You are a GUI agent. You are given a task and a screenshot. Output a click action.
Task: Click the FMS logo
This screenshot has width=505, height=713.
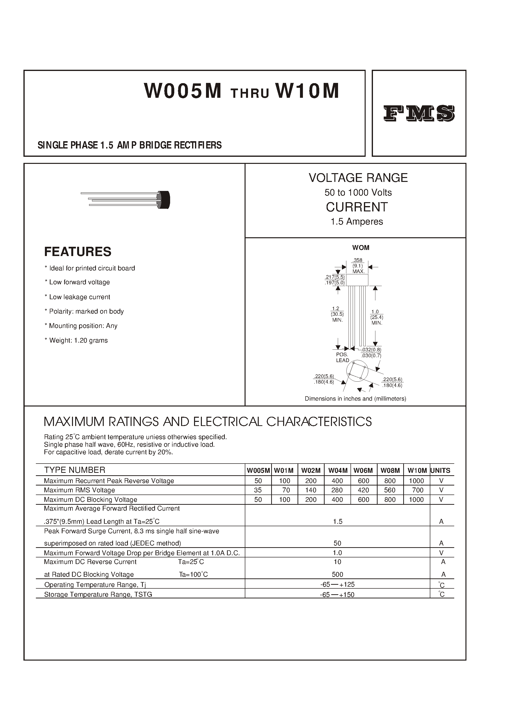pyautogui.click(x=419, y=113)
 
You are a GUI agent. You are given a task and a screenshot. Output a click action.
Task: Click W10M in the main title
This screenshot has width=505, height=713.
pyautogui.click(x=307, y=91)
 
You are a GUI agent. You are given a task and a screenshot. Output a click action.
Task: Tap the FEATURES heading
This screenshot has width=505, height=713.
pyautogui.click(x=78, y=252)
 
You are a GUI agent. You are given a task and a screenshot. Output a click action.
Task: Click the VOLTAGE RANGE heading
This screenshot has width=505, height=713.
pyautogui.click(x=358, y=178)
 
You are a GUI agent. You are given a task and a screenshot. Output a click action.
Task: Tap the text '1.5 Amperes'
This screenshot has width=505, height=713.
pyautogui.click(x=357, y=221)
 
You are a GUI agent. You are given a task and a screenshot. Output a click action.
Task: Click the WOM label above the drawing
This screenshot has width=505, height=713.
pyautogui.click(x=361, y=248)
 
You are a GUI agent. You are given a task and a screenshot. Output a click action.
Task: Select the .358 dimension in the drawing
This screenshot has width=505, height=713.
pyautogui.click(x=358, y=260)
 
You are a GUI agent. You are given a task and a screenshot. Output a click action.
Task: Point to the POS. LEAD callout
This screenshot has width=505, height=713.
pyautogui.click(x=342, y=357)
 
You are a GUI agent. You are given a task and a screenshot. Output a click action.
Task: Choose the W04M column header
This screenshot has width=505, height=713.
pyautogui.click(x=338, y=471)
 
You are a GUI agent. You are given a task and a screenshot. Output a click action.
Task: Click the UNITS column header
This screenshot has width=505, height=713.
pyautogui.click(x=440, y=471)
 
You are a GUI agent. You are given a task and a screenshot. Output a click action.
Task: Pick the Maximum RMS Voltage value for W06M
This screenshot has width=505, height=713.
pyautogui.click(x=363, y=490)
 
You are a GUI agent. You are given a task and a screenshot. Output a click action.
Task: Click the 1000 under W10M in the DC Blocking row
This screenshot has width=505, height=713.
pyautogui.click(x=416, y=500)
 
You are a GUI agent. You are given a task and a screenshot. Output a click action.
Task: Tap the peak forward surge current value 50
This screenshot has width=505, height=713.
pyautogui.click(x=337, y=543)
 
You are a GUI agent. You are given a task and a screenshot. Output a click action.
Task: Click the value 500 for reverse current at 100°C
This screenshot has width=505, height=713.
pyautogui.click(x=337, y=574)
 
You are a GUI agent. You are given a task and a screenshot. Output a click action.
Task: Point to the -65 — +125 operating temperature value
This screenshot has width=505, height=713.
pyautogui.click(x=337, y=584)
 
